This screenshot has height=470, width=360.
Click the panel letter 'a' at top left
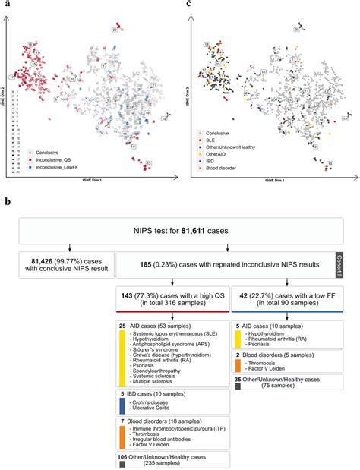tap(5, 5)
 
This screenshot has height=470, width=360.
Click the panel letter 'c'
tap(188, 5)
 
